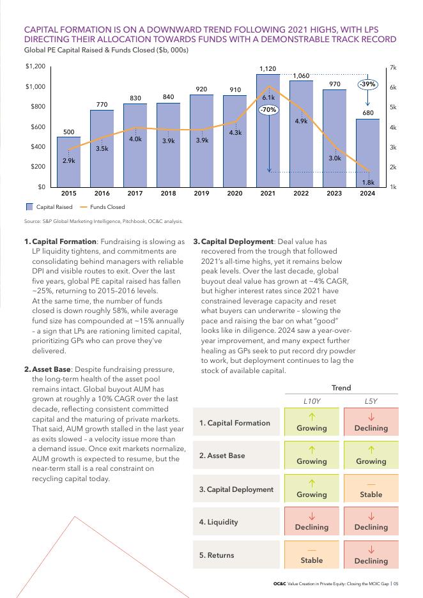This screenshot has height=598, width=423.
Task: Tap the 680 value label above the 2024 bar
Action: (367, 113)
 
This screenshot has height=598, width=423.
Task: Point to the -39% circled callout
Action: (367, 84)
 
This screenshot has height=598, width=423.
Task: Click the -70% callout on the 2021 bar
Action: (268, 110)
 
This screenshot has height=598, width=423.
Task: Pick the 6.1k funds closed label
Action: (268, 98)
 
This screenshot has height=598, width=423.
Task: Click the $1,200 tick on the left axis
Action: (35, 66)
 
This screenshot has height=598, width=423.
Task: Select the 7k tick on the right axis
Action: (392, 67)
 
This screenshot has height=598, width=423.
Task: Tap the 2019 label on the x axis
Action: (202, 193)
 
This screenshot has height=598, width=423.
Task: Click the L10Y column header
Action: (311, 401)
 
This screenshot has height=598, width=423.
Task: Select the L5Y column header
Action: (371, 401)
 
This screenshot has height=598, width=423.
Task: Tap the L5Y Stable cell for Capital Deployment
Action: (371, 489)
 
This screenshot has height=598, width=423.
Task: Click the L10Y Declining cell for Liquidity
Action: (311, 522)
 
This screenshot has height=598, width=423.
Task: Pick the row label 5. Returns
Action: (217, 555)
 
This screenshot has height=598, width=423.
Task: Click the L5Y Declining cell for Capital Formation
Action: (371, 423)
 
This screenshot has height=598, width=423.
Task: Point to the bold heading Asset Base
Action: (51, 369)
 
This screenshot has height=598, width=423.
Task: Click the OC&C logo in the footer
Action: (279, 583)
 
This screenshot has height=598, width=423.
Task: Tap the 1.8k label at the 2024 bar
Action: (367, 182)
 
